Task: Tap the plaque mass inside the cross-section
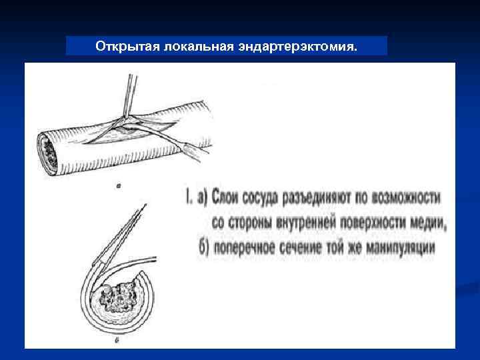[x=120, y=296]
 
